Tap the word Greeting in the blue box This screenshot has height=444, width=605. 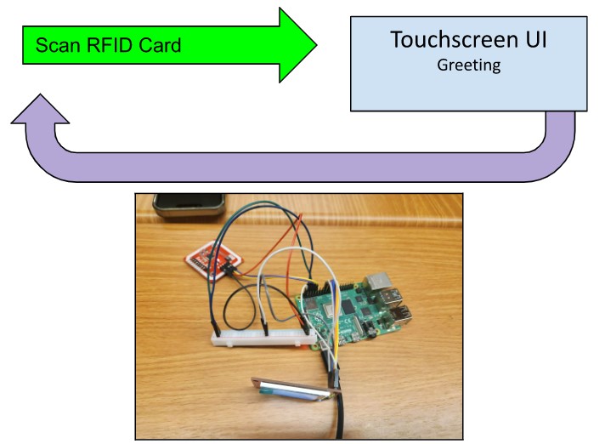pos(468,65)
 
